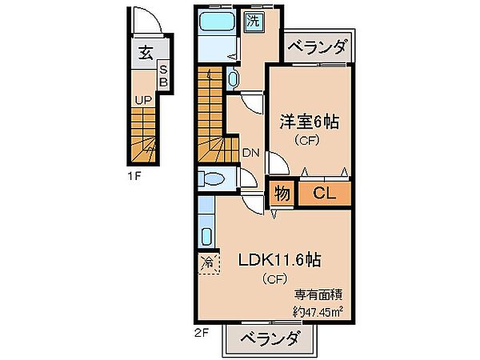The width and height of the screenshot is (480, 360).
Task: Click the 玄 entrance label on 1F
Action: (x=146, y=54)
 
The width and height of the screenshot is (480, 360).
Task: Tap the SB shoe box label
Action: (x=162, y=76)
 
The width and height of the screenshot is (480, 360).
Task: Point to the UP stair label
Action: (x=143, y=100)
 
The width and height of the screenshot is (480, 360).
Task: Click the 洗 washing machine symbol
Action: (x=254, y=22)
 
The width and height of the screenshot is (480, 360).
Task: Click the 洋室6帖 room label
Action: (x=308, y=122)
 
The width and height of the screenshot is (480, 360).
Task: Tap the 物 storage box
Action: (x=282, y=193)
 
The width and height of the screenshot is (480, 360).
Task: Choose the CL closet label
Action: (x=324, y=193)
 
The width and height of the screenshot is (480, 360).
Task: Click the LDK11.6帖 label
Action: (x=280, y=260)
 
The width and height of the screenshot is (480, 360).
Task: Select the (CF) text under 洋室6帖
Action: (x=307, y=142)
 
